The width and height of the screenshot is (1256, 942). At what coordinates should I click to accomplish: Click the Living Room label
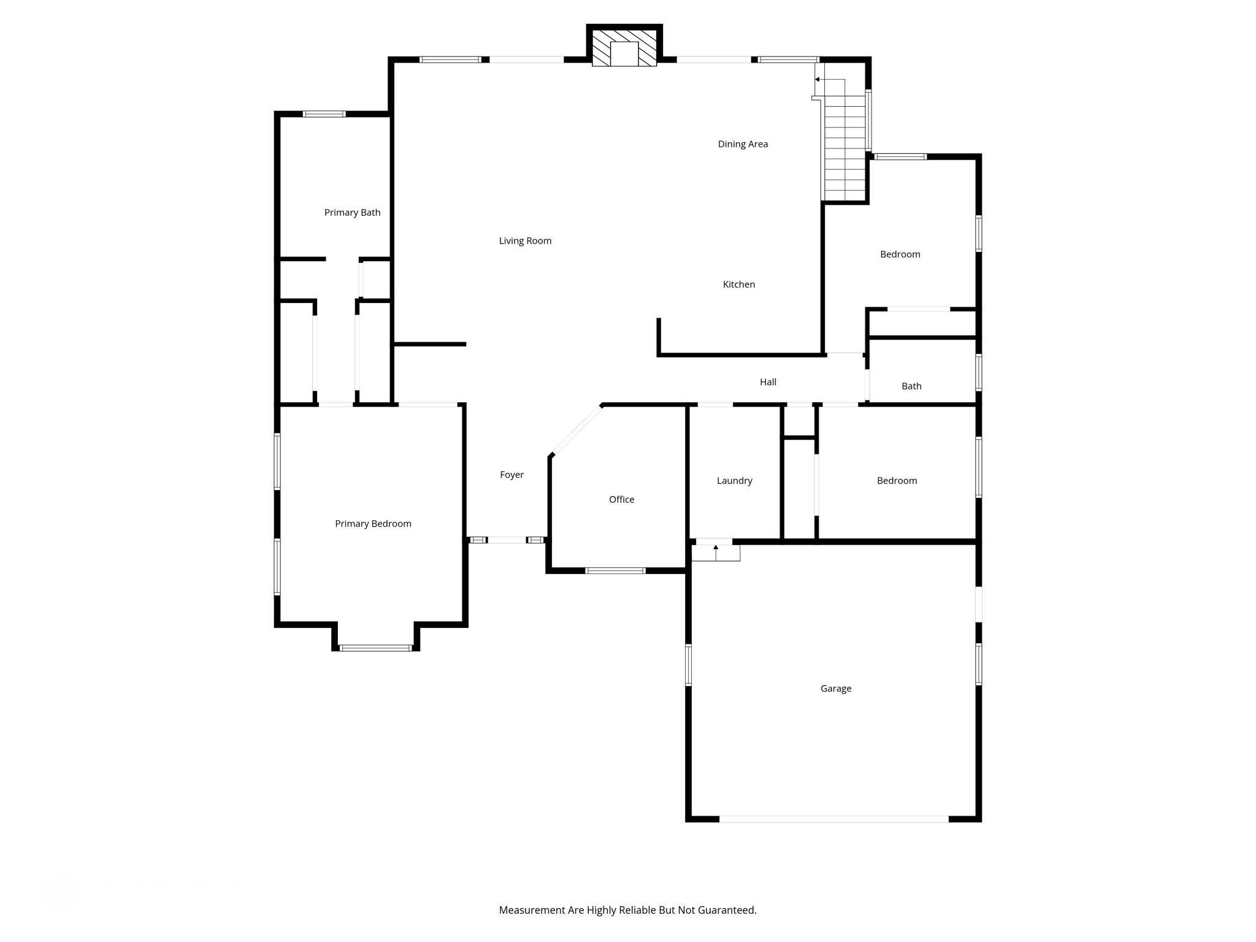(x=525, y=241)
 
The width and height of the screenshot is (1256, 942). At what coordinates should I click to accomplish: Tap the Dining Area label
(x=743, y=144)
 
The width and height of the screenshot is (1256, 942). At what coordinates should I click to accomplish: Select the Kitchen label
(x=738, y=285)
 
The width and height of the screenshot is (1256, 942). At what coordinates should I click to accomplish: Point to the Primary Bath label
(x=352, y=213)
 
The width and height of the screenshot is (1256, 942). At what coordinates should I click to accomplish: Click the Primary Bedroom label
(x=373, y=524)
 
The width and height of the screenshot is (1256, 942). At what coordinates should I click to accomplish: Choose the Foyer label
(x=511, y=475)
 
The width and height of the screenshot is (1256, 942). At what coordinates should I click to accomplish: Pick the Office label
(x=621, y=500)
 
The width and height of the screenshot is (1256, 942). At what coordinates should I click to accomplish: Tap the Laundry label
(x=734, y=481)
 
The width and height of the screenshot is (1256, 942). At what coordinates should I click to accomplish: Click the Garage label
(x=835, y=689)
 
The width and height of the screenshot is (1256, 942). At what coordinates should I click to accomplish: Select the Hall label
(x=768, y=382)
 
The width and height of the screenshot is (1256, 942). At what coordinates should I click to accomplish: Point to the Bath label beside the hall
(x=911, y=386)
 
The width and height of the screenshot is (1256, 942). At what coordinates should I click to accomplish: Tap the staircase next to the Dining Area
(x=844, y=147)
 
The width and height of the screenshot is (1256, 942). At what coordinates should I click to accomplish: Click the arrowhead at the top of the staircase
(x=818, y=79)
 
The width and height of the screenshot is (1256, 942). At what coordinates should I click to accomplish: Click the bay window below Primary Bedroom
(x=375, y=648)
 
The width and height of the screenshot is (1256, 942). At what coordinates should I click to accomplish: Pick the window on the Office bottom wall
(x=615, y=571)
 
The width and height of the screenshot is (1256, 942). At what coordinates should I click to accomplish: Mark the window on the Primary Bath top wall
(x=324, y=114)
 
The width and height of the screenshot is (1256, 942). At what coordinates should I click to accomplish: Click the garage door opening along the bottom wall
(x=833, y=819)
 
